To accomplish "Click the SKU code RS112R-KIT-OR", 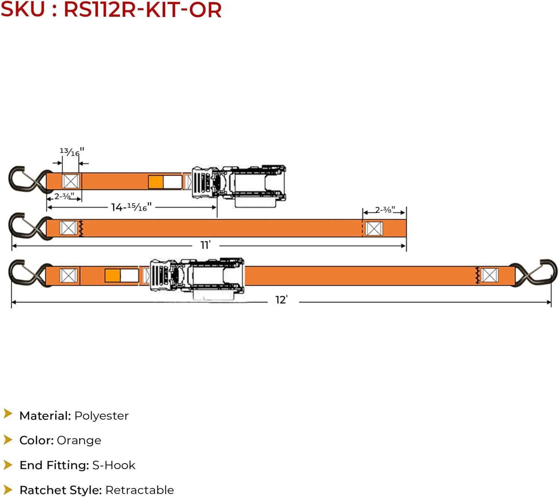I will [142, 10].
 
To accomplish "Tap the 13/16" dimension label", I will [72, 152].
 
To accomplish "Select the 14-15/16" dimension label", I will [131, 207].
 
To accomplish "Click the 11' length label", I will [205, 245].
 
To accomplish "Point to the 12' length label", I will [281, 300].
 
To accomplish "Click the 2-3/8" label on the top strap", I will [64, 196].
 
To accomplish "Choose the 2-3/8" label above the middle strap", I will [385, 210].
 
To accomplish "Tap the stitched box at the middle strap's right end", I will [374, 228].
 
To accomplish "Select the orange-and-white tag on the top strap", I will [165, 182].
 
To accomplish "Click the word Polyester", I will [101, 416].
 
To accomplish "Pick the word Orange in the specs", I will [79, 440].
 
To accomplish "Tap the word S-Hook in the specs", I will [114, 465].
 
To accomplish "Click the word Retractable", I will [139, 490].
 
